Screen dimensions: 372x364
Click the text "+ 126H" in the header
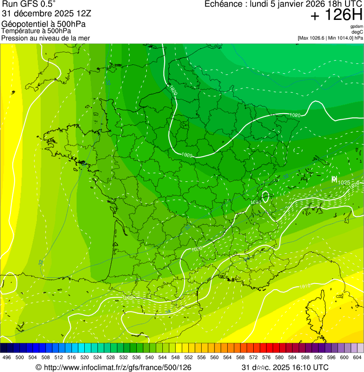336,15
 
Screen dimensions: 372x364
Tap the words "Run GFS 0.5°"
28,5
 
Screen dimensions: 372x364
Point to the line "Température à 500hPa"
36,31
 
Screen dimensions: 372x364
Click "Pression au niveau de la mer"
45,38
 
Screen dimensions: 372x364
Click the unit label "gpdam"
356,27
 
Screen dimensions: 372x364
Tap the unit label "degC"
357,32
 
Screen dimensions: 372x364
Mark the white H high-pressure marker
334,179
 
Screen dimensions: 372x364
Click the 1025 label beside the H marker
344,183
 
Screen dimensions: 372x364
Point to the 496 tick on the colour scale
7,358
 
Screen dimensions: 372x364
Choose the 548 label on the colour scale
175,358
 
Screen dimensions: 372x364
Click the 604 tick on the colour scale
357,358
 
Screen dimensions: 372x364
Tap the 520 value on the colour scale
85,358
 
